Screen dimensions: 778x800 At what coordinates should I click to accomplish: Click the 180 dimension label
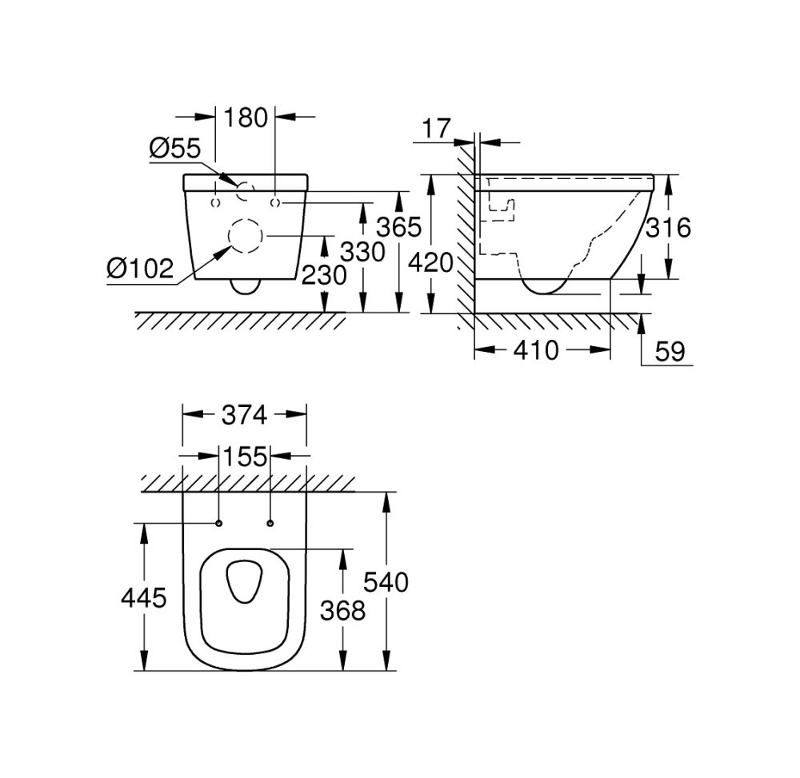coord(246,118)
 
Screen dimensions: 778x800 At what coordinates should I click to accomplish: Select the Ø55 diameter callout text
coord(174,147)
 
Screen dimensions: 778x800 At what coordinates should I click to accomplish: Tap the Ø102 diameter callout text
coord(140,269)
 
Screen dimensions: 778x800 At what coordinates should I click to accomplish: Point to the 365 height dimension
coord(398,227)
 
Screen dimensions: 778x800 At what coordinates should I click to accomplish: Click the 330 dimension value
coord(362,252)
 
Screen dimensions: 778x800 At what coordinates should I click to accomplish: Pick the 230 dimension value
coord(324,275)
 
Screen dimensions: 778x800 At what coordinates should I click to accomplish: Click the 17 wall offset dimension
coord(437,128)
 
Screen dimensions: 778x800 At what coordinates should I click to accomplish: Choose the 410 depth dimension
coord(536,349)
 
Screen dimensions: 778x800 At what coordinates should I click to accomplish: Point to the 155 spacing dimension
coord(244,457)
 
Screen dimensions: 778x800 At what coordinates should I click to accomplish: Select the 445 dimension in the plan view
coord(144,596)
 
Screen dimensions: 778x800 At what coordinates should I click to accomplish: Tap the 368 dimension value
coord(342,611)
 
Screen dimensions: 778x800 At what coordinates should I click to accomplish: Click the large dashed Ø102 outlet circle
coord(245,237)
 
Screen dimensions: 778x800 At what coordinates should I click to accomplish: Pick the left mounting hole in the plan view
coord(218,523)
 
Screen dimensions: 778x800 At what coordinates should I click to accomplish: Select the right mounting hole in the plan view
coord(270,523)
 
